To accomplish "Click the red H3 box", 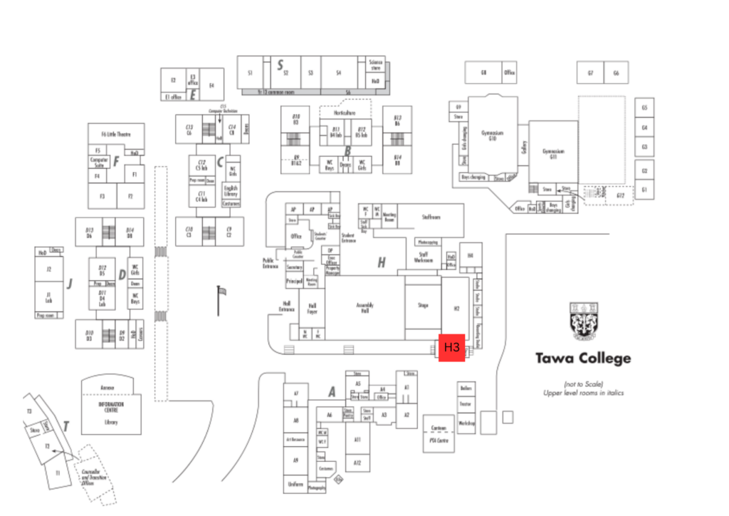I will pos(451,348).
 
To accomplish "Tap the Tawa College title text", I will pos(582,358).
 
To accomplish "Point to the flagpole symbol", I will pos(219,299).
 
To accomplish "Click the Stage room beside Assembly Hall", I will pos(423,306).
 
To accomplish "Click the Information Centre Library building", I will pos(107,410).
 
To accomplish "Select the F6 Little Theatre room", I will pos(116,133).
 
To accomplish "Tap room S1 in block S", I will pos(250,73).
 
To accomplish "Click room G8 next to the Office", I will pos(483,73).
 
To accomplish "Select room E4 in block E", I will pos(211,86).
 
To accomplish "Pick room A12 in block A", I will pos(357,463).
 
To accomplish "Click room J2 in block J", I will pos(49,269).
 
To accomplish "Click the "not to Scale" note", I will pos(583,383).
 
